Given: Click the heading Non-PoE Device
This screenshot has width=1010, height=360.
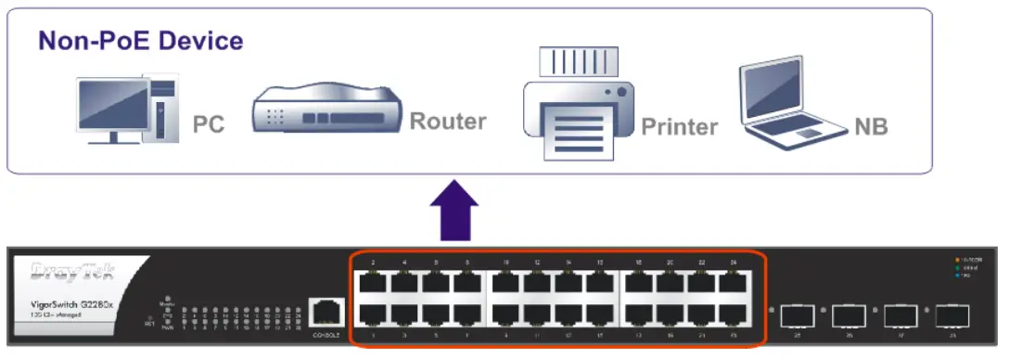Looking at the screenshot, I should pos(140,42).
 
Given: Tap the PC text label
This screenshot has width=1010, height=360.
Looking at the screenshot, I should pos(209,124).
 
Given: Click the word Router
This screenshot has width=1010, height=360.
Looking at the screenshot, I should pos(448,122).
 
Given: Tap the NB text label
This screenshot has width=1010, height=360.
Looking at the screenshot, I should pos(871,126).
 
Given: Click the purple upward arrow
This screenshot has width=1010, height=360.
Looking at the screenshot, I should pos(454,212).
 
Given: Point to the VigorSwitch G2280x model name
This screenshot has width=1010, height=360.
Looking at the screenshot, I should pos(73,305).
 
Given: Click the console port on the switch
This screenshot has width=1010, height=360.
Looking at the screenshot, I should pos(325,313).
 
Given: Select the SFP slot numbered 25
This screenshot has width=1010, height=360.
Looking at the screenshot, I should pos(797,316).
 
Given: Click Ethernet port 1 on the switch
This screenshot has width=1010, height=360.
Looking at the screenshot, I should pos(373,315).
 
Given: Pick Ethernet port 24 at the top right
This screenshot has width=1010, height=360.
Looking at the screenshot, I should pos(732,282).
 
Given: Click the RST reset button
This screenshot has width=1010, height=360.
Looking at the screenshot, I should pos(150,322).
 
